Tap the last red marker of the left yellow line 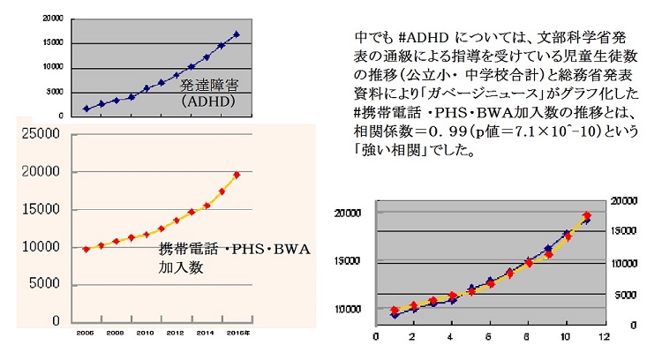point(237,175)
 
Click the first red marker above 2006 point(86,250)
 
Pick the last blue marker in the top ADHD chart point(237,34)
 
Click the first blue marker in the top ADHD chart point(86,109)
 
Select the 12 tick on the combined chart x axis point(603,337)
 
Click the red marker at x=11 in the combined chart point(586,216)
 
